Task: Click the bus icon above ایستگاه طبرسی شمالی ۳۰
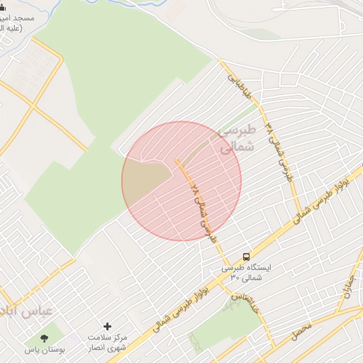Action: click(x=245, y=257)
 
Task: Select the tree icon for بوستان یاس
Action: click(x=45, y=337)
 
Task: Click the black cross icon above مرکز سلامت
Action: click(x=107, y=326)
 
